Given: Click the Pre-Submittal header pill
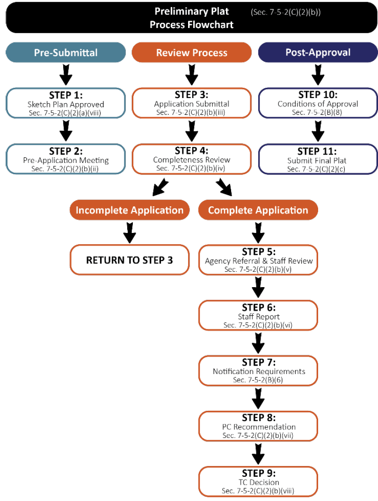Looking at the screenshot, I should (x=66, y=52).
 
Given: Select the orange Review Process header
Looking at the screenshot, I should (x=192, y=52).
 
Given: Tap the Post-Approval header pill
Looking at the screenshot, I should (x=318, y=52).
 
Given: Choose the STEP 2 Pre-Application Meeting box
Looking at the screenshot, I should (x=66, y=159).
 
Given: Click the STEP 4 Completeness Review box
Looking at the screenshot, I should (x=192, y=159).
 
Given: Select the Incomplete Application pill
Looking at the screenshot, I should (x=130, y=210).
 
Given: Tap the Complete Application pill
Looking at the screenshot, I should (x=258, y=210).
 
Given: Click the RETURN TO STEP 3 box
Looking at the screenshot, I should (x=130, y=260).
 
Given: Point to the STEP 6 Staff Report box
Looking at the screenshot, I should (x=258, y=316).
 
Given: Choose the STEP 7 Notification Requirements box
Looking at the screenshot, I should (x=258, y=371).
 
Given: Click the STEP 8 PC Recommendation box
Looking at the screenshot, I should (x=258, y=426).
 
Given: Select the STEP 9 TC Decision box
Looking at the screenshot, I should (x=258, y=481).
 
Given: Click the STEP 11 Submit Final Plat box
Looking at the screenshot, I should (x=318, y=159).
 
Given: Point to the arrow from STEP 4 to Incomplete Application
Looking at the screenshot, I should (x=160, y=187).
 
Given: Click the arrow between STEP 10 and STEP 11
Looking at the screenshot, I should (x=318, y=131).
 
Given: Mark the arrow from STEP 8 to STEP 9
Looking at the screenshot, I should (x=258, y=453).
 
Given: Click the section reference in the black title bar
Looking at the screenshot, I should (x=286, y=12).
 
